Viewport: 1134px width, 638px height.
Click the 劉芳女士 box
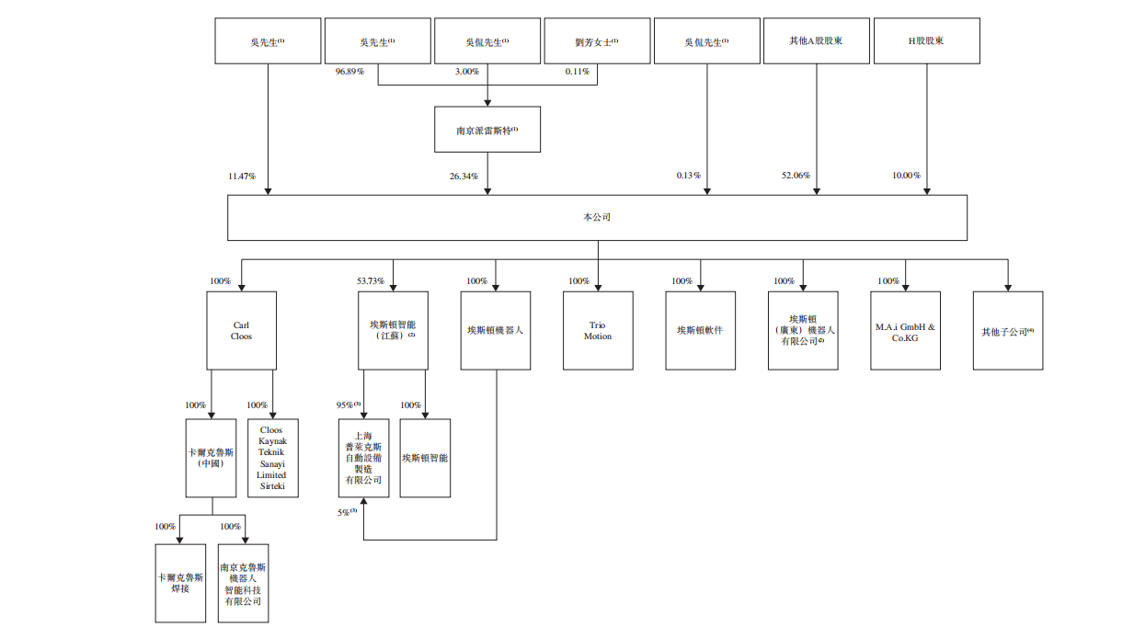(x=596, y=41)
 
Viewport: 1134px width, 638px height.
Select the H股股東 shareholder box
(x=926, y=41)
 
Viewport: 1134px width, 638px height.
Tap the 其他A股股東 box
(x=817, y=41)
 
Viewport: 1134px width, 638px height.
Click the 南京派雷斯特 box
(x=487, y=130)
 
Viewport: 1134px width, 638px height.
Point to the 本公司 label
(x=597, y=218)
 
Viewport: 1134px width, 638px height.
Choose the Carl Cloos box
(x=241, y=331)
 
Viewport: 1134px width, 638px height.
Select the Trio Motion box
(x=598, y=331)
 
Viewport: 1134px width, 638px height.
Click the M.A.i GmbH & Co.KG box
(x=906, y=331)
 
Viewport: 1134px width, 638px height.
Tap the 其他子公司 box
(x=1008, y=331)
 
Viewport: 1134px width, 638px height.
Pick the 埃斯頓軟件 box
(x=701, y=331)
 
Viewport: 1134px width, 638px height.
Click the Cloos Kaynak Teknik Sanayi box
(x=272, y=458)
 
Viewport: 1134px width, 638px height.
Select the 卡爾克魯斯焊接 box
(x=180, y=583)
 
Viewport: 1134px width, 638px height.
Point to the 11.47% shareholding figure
(x=242, y=176)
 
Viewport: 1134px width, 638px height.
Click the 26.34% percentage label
(x=463, y=176)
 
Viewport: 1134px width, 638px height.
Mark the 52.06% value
(x=795, y=176)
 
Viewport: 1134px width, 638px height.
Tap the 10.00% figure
(x=906, y=176)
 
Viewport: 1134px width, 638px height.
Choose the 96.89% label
(x=349, y=71)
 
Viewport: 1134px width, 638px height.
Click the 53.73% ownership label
(x=372, y=280)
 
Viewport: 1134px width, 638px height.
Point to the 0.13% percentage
(x=688, y=176)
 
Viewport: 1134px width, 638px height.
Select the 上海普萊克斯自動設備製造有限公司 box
(x=363, y=458)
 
